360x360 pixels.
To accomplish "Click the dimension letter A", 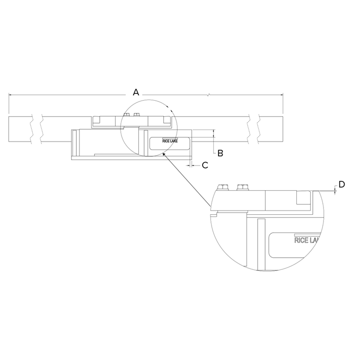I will tap(136, 92).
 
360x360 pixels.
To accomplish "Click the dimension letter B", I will tap(220, 153).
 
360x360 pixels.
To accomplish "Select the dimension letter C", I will tap(205, 165).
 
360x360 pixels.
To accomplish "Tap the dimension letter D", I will tap(341, 184).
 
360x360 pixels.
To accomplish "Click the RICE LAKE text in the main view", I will tap(170, 142).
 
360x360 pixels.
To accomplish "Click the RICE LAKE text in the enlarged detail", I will tap(306, 240).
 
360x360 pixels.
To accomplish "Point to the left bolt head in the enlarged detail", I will tap(224, 187).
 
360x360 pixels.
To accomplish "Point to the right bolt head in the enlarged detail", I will tap(243, 187).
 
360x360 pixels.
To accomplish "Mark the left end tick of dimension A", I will tap(9, 95).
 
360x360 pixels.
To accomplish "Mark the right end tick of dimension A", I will tap(283, 95).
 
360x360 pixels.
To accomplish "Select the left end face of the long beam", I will tap(9, 129).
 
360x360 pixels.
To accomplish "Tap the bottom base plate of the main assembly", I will tap(130, 159).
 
